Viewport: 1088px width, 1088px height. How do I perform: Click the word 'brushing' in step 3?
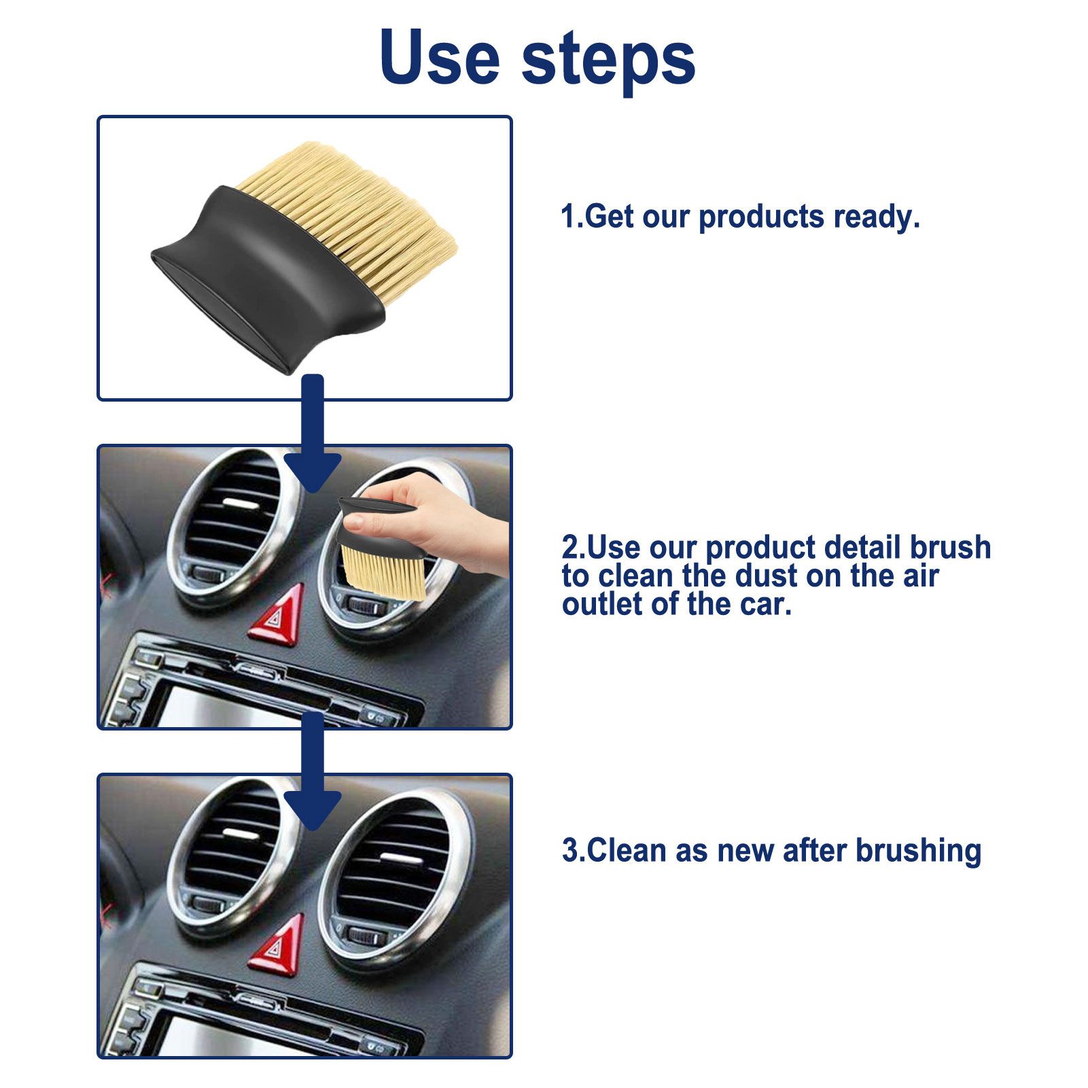(918, 851)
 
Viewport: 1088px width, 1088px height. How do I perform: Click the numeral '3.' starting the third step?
(573, 851)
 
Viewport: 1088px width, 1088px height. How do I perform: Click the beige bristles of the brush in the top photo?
(353, 204)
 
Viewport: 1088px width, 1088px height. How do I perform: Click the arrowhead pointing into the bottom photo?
(313, 809)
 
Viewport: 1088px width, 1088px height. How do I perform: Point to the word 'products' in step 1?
(762, 217)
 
